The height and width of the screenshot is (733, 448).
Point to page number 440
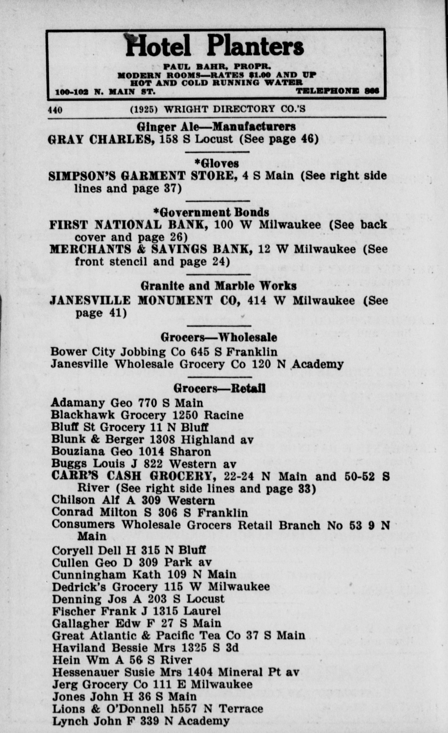pyautogui.click(x=55, y=110)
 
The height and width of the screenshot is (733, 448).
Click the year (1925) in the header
pyautogui.click(x=144, y=109)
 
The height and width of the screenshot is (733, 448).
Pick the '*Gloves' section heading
pyautogui.click(x=217, y=163)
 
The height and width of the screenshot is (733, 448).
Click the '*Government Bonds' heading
pyautogui.click(x=211, y=212)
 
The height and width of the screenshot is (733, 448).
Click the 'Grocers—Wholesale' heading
pyautogui.click(x=219, y=337)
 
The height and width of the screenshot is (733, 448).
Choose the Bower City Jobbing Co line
pyautogui.click(x=164, y=352)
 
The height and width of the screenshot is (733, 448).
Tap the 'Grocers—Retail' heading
pyautogui.click(x=219, y=388)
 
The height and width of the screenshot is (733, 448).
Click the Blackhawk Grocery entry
pyautogui.click(x=147, y=415)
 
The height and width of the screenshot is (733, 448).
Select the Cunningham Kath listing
pyautogui.click(x=144, y=574)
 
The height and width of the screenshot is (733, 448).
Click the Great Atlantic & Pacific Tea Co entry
pyautogui.click(x=178, y=636)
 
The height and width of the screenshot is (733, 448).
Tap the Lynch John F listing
pyautogui.click(x=141, y=721)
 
